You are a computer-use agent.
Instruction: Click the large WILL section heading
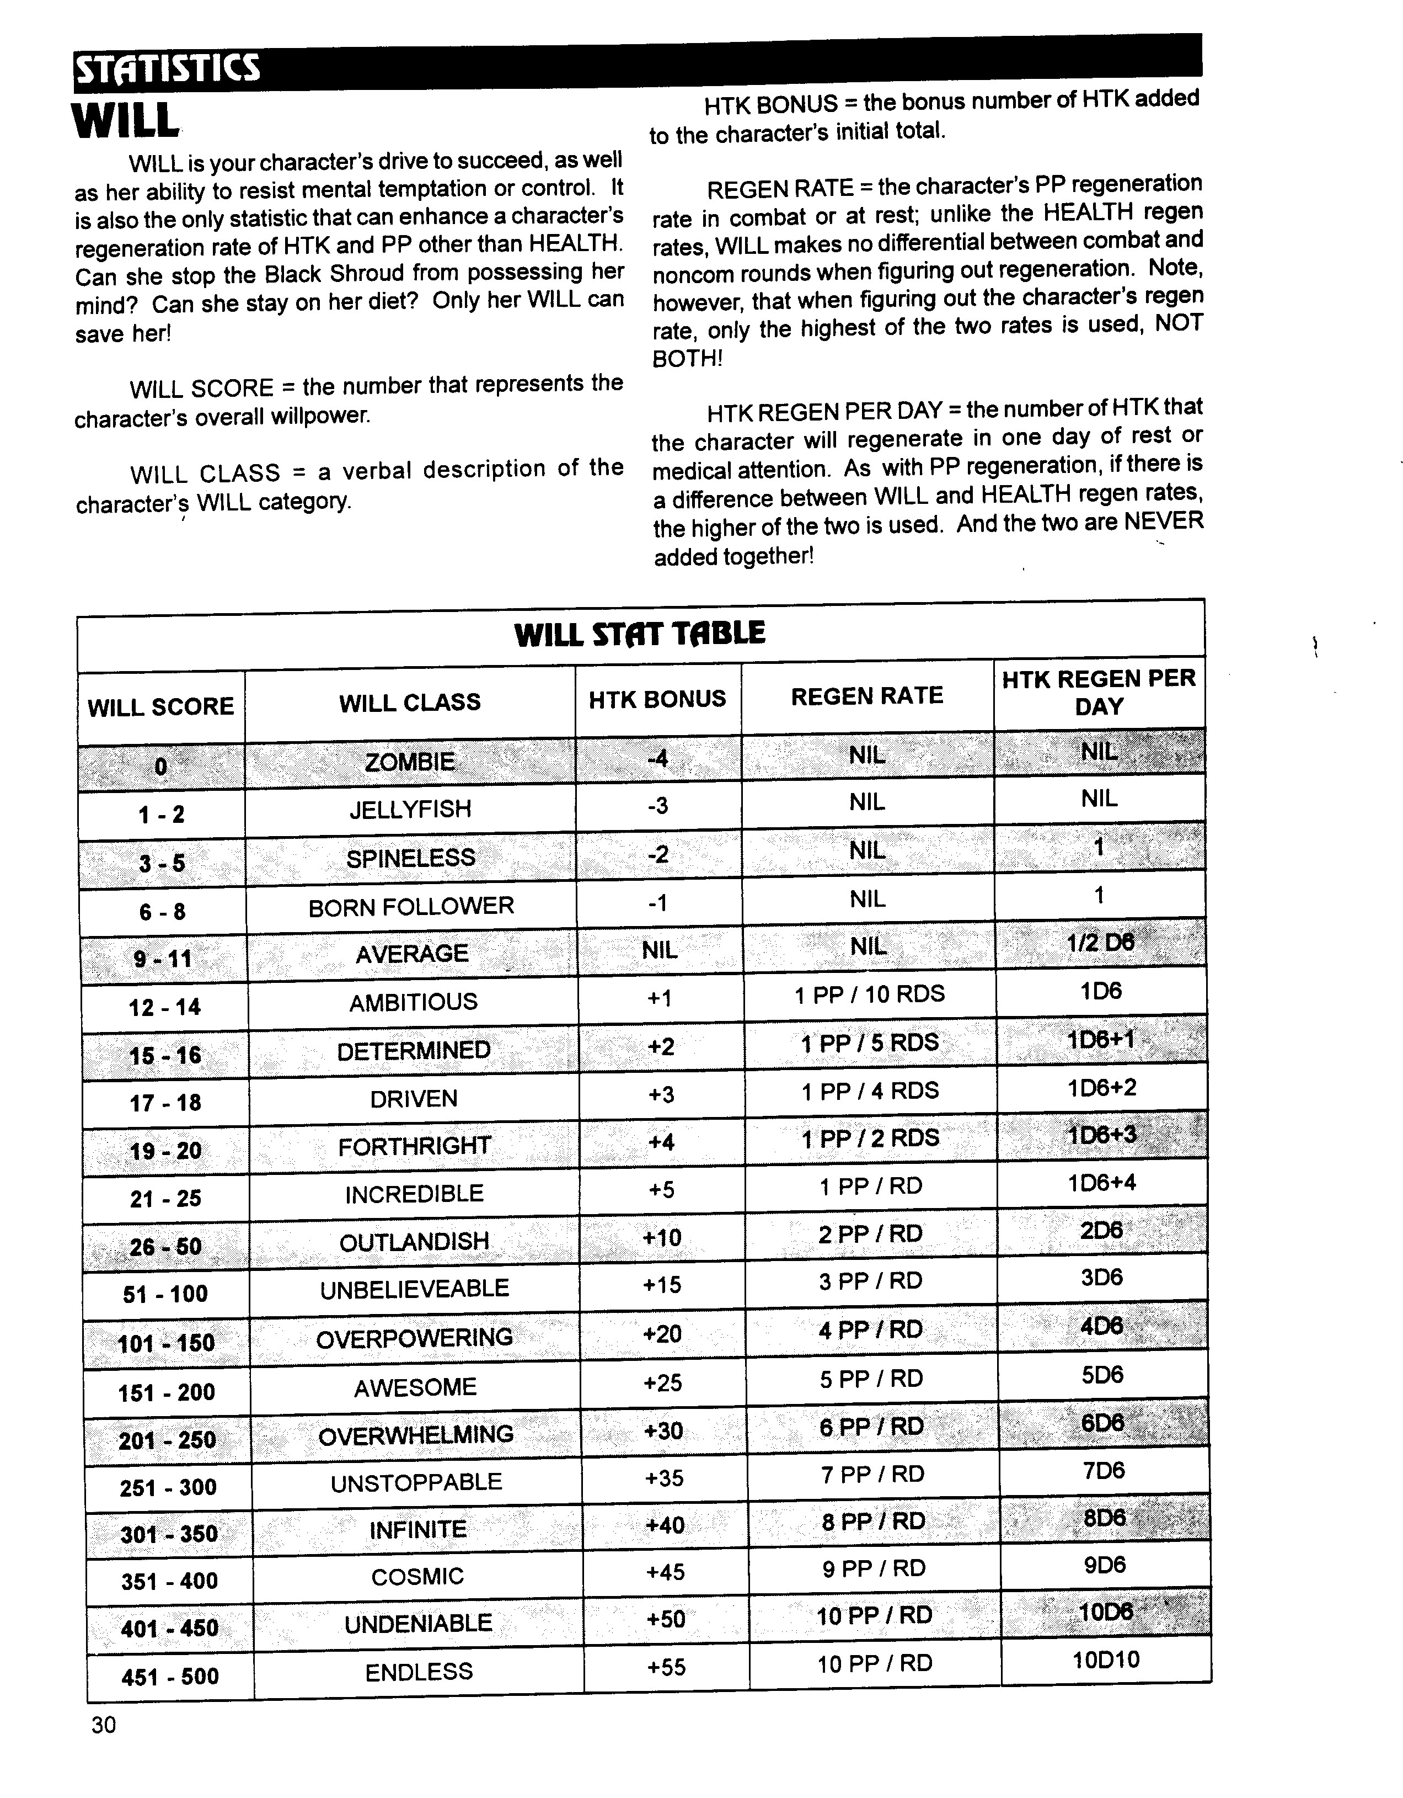coord(125,121)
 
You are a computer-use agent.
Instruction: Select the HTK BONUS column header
coord(657,699)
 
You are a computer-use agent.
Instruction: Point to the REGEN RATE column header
coord(866,696)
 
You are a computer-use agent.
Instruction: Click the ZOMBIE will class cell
coord(410,762)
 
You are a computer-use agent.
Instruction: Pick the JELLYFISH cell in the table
coord(410,809)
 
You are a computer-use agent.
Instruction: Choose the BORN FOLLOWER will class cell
coord(411,906)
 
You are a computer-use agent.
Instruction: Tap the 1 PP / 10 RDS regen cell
coord(869,994)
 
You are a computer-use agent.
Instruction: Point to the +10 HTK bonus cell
coord(662,1237)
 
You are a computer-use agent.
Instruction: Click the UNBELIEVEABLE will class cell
coord(415,1289)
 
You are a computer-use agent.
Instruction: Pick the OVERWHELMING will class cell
coord(416,1435)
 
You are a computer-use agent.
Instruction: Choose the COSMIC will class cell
coord(417,1577)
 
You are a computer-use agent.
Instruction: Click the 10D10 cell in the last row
coord(1106,1659)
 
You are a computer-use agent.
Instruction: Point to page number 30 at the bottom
coord(104,1725)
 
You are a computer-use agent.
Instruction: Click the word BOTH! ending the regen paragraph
coord(687,359)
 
